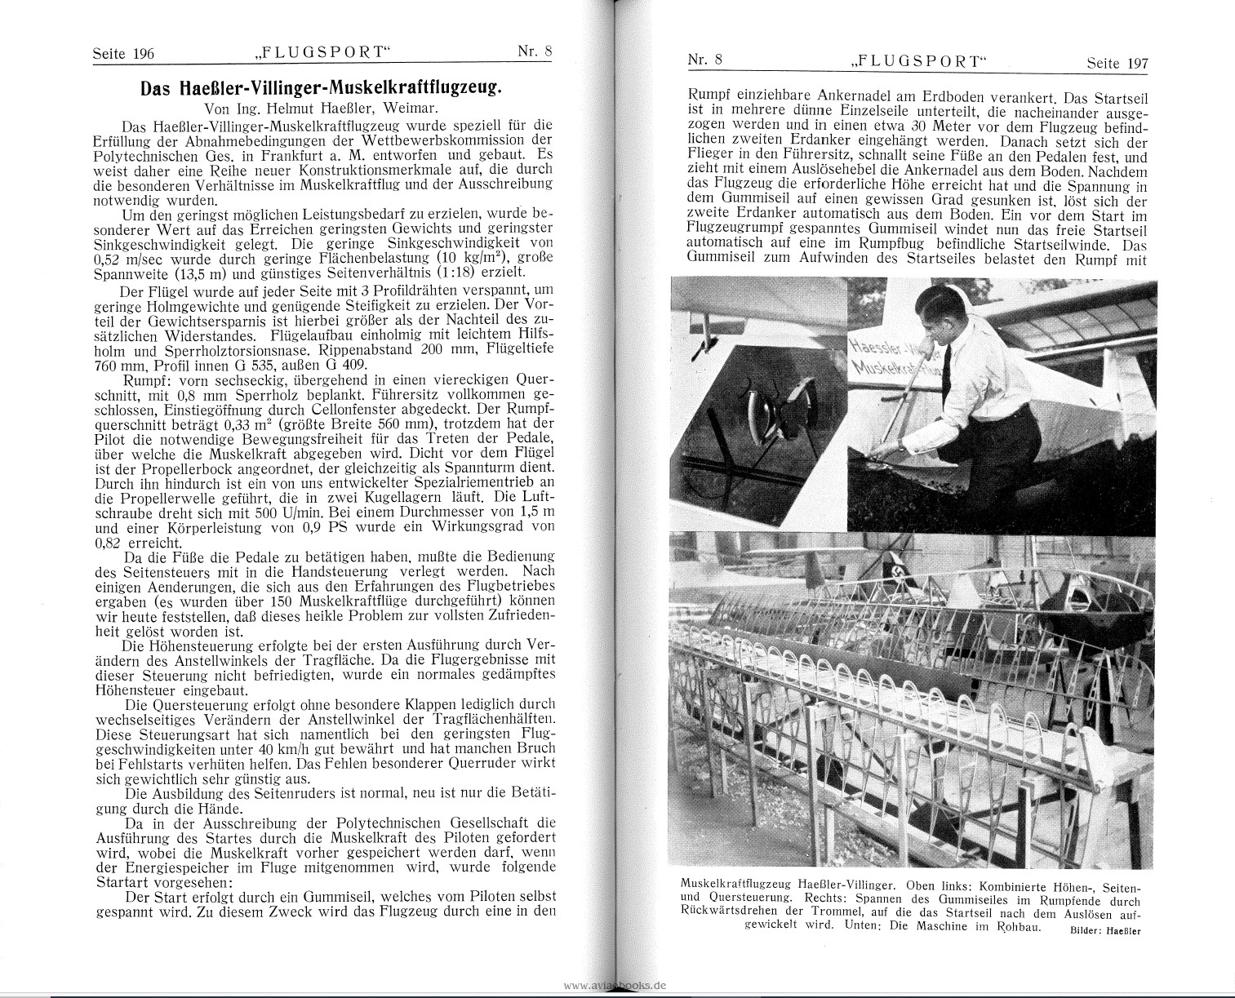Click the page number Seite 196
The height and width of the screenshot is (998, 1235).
(x=122, y=54)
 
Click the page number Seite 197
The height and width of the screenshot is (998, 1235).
(x=1117, y=63)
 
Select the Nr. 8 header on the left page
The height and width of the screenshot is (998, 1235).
(x=535, y=51)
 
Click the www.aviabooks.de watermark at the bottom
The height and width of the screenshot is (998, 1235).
(x=615, y=985)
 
